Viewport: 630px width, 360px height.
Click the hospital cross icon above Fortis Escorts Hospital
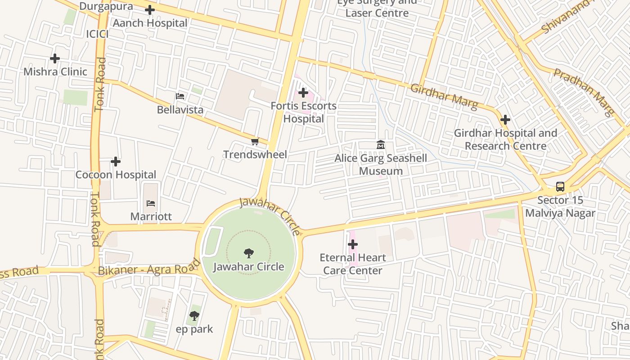point(303,93)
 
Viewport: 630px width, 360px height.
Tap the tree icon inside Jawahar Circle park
point(248,253)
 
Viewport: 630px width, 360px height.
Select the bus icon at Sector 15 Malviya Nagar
point(560,186)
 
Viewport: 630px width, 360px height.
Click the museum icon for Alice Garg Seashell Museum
point(381,145)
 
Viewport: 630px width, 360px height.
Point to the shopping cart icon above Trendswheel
point(255,142)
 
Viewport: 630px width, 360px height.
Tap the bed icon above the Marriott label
point(151,203)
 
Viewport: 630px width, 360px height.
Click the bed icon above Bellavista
point(180,96)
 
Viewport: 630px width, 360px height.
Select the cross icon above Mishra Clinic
point(55,58)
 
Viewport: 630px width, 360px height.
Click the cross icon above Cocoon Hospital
point(116,162)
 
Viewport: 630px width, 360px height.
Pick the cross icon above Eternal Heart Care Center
point(353,244)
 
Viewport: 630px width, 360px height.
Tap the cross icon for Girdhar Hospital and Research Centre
point(505,120)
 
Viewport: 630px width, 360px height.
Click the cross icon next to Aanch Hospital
point(150,9)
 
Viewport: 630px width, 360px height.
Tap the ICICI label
point(97,34)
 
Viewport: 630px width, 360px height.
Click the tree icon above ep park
point(194,316)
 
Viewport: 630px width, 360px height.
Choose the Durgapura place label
point(106,6)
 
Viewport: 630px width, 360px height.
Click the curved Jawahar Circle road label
point(270,215)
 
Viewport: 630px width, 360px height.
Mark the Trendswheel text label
point(255,154)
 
